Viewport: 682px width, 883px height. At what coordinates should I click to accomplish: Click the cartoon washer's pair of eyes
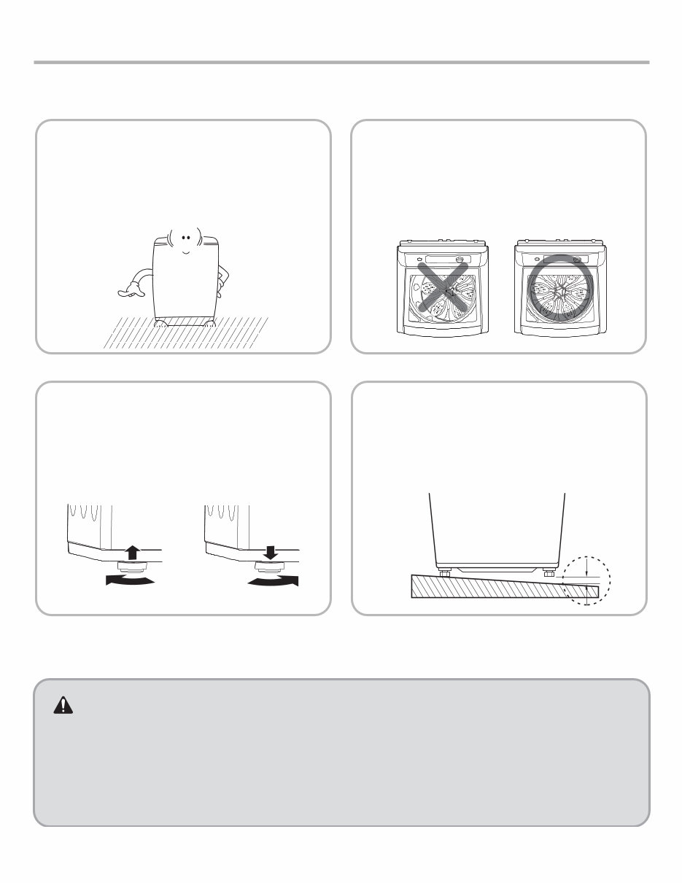point(186,237)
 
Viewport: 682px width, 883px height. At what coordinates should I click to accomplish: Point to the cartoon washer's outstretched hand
point(127,292)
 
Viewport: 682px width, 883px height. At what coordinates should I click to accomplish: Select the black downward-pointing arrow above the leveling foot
point(270,552)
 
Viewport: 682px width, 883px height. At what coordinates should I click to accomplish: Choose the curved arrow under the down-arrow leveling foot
point(273,580)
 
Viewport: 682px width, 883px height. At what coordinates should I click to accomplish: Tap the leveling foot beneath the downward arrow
point(271,566)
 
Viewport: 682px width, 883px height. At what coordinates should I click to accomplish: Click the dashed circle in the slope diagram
point(587,580)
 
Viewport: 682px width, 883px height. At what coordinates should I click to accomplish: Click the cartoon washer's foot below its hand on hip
point(209,323)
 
